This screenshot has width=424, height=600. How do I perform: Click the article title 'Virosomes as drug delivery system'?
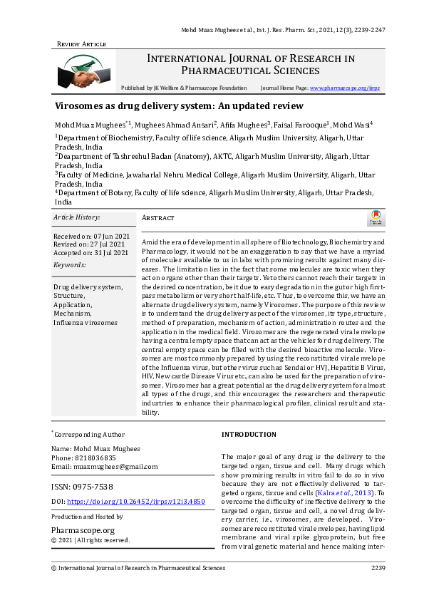click(179, 106)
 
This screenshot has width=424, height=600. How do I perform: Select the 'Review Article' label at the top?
click(81, 44)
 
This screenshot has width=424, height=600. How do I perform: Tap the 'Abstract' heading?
click(158, 218)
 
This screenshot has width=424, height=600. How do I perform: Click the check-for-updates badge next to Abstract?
click(376, 218)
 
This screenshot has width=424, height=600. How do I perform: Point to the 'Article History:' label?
click(77, 217)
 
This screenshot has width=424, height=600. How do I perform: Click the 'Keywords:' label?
click(69, 264)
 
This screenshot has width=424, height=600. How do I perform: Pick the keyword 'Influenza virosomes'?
click(86, 322)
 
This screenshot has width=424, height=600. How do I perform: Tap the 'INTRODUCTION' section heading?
click(249, 434)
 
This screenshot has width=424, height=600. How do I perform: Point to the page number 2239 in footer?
click(378, 568)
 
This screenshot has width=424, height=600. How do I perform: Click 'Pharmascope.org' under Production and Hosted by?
click(83, 530)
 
